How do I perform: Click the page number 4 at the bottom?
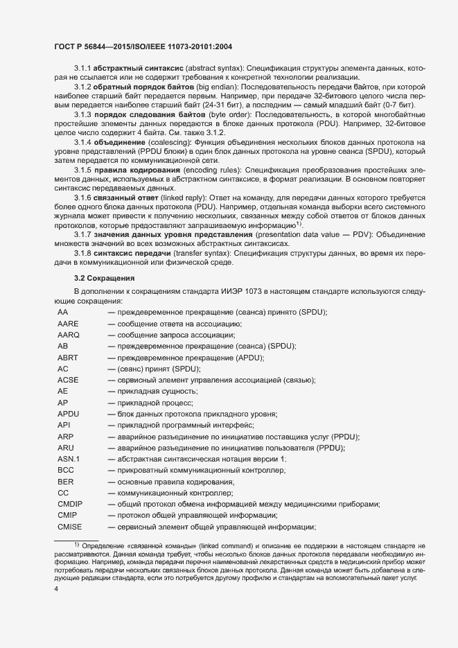coord(56,588)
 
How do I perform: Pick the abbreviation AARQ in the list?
coord(69,335)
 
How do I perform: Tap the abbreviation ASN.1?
coord(69,459)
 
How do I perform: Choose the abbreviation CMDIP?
coord(71,504)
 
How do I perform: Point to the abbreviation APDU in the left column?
coord(69,414)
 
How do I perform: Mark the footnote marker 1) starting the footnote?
coord(78,546)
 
